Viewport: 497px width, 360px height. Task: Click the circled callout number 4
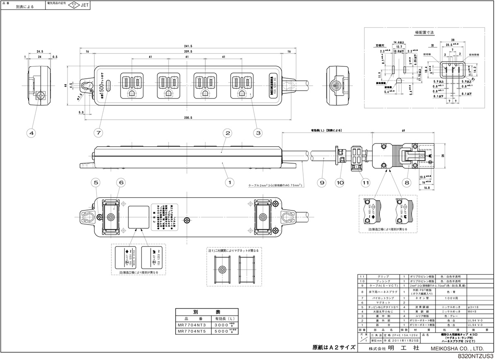[x=31, y=133]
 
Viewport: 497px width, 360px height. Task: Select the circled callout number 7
[x=98, y=133]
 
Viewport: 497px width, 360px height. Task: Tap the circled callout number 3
[x=258, y=133]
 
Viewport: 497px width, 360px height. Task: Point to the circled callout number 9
[x=322, y=181]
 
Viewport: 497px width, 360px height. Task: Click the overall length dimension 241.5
[x=189, y=46]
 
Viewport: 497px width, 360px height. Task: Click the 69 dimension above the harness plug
[x=403, y=130]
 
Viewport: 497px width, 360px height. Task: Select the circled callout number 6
[x=121, y=181]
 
